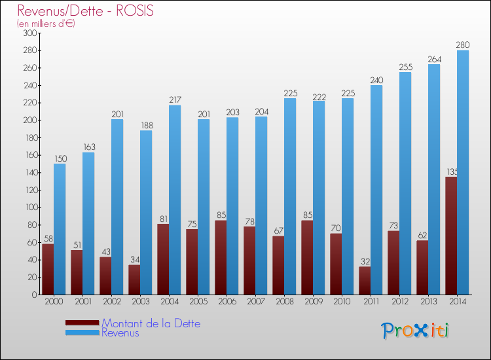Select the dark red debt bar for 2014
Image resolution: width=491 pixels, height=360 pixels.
point(451,236)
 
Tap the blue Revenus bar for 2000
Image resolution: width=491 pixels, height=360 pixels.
point(60,229)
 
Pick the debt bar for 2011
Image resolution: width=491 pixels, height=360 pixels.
point(365,281)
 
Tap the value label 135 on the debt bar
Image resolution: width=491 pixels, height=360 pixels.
point(451,172)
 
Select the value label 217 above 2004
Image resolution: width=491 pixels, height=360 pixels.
point(175,100)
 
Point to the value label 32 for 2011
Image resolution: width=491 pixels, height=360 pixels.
point(365,262)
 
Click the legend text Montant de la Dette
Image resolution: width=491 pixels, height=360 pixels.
point(151,323)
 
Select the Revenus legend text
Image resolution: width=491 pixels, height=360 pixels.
point(120,333)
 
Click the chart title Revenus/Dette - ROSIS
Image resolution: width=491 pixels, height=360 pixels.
point(86,11)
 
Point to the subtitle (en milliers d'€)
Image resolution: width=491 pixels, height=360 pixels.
point(46,24)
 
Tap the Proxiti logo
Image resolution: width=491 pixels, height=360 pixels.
point(416,331)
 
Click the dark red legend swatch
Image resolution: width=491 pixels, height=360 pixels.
point(82,323)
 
